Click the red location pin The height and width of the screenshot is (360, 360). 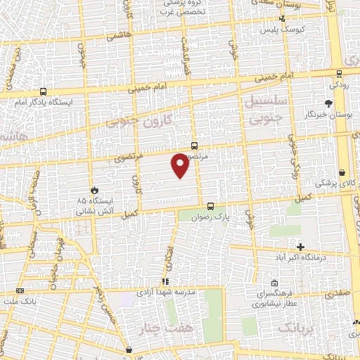click(x=181, y=165)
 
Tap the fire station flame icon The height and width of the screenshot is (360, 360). click(x=94, y=190)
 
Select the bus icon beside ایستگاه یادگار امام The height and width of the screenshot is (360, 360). click(x=44, y=91)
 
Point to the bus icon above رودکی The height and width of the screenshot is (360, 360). click(x=339, y=73)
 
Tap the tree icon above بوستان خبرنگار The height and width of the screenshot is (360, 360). click(x=329, y=104)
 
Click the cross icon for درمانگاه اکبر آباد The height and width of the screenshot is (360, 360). click(x=301, y=247)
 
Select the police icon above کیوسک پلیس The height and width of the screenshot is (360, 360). click(x=282, y=20)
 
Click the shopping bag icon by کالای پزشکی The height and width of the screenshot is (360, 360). click(x=342, y=172)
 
